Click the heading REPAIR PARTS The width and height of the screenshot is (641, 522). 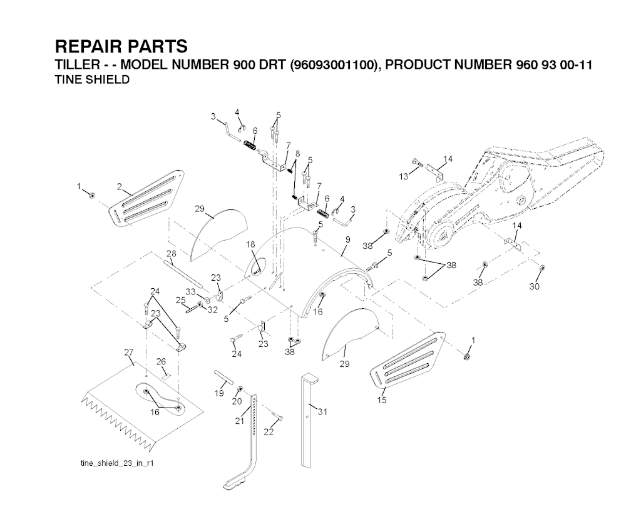121,47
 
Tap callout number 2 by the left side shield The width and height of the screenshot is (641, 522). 119,186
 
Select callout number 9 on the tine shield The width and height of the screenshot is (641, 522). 347,238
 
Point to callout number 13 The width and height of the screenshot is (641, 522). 404,177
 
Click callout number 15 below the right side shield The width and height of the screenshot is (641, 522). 382,399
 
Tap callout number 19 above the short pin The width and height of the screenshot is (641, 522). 220,393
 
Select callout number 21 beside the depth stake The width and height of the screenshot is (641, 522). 238,421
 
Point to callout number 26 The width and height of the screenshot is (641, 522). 161,361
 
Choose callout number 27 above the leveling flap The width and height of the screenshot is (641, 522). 130,353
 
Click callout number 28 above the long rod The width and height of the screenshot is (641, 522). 171,253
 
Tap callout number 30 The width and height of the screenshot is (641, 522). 534,287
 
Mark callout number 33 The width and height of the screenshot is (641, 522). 190,292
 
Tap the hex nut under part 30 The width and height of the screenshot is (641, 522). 542,269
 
